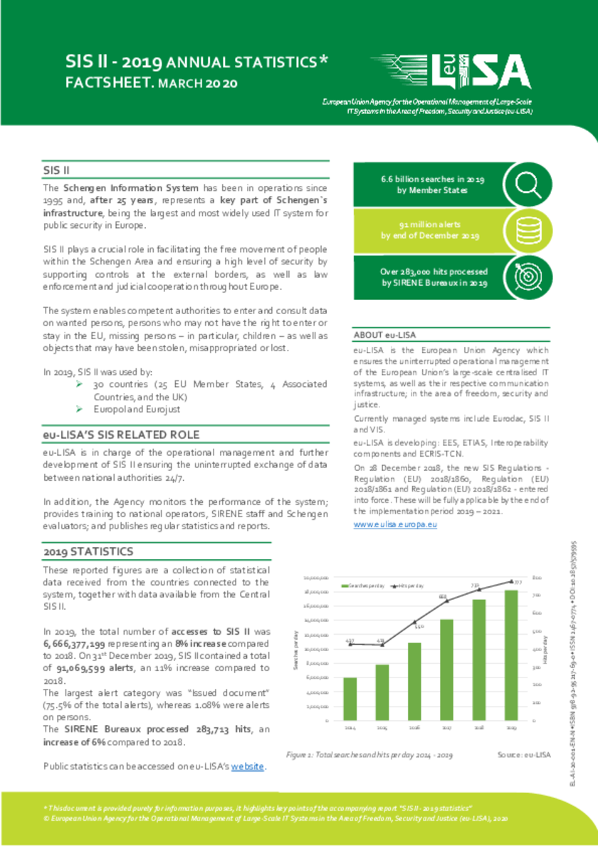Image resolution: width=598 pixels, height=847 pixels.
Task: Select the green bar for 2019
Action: click(511, 655)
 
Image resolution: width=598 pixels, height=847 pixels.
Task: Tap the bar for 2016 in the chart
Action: click(414, 680)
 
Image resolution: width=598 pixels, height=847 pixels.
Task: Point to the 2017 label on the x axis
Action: click(446, 729)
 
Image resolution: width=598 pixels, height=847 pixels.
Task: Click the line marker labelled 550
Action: click(414, 622)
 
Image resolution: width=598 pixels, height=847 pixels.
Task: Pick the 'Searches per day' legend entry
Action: click(364, 586)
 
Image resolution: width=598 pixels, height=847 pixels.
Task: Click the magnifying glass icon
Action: click(528, 184)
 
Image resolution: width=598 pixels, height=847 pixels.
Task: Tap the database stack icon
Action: click(528, 230)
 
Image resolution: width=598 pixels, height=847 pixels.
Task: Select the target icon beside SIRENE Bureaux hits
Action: click(528, 276)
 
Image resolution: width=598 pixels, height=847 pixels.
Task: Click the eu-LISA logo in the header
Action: click(451, 72)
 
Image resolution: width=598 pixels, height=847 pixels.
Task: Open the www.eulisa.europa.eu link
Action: click(395, 524)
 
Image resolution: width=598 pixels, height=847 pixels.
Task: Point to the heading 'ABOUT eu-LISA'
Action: click(384, 335)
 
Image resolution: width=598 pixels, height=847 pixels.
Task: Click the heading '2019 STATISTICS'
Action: click(88, 551)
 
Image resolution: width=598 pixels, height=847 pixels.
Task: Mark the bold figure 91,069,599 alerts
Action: click(98, 667)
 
